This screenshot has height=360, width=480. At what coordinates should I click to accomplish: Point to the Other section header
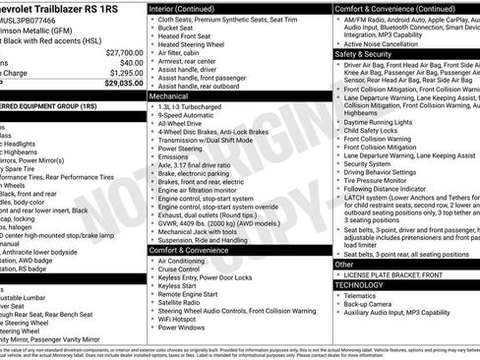coord(345,264)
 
